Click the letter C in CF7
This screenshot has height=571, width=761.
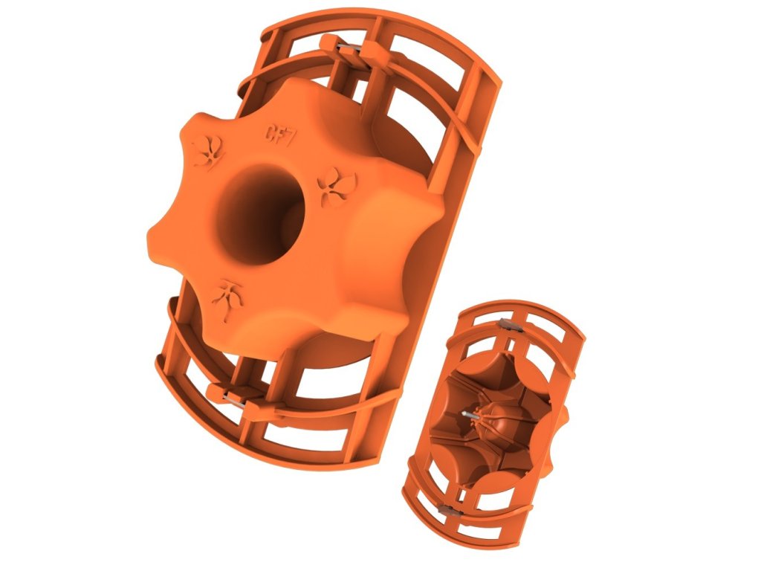[x=270, y=132]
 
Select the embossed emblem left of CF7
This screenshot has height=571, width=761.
[x=208, y=151]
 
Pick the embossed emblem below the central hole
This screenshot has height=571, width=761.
[x=227, y=299]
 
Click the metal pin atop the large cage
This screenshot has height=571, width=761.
[x=348, y=48]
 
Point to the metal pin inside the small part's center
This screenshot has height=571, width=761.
[x=470, y=415]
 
